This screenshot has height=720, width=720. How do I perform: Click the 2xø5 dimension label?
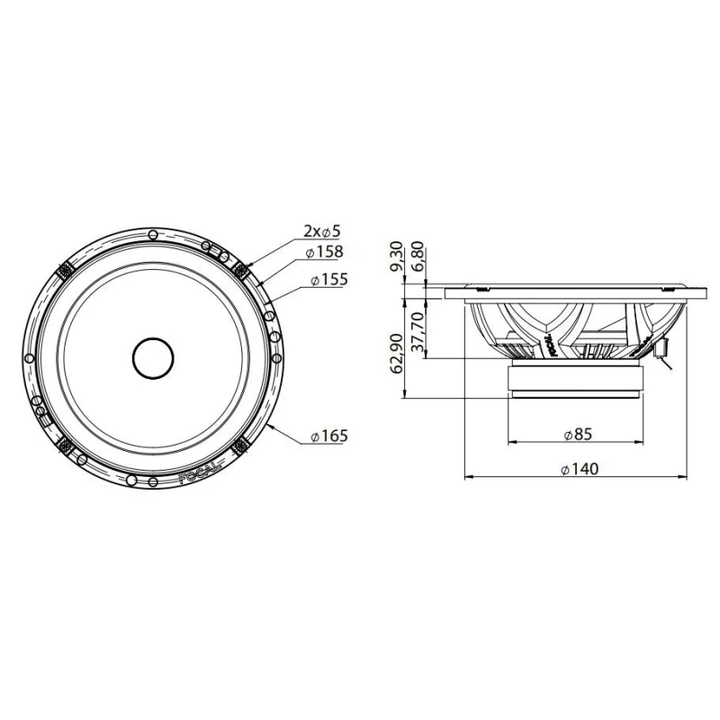point(321,231)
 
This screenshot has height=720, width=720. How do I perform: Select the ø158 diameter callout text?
point(324,252)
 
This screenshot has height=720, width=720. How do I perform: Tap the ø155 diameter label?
point(329,279)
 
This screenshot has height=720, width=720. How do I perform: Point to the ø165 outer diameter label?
point(329,436)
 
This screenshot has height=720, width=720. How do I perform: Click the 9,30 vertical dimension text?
point(397,256)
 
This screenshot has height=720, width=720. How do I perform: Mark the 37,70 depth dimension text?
point(418,331)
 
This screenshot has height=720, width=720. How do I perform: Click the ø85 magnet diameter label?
point(578,434)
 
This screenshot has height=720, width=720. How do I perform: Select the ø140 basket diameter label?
point(580,469)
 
